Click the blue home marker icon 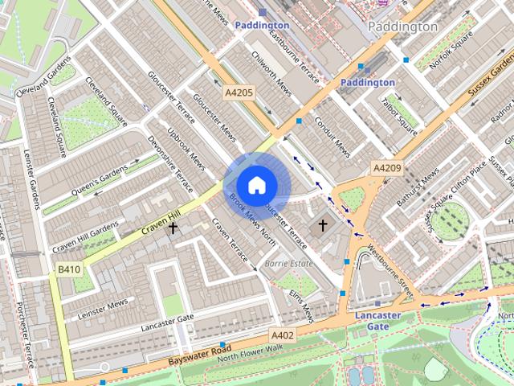[256, 186]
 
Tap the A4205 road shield [239, 93]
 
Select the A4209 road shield [385, 168]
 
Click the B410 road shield [68, 269]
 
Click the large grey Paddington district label [402, 27]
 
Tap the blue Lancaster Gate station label [377, 321]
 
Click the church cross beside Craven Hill [173, 228]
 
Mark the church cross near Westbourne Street [323, 225]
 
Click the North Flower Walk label [250, 351]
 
